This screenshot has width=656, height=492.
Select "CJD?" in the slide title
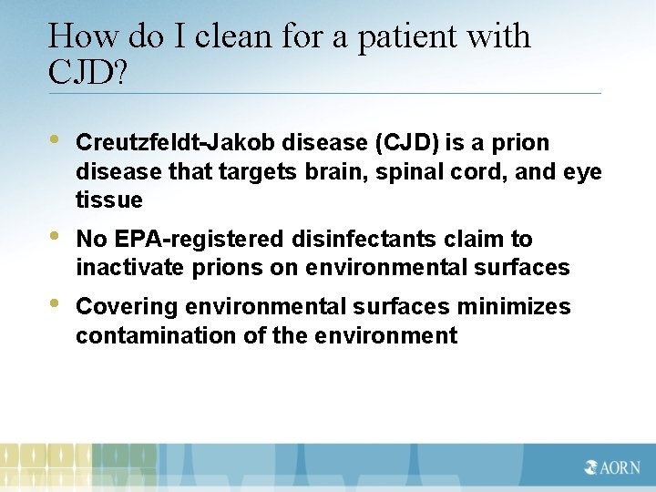tap(87, 72)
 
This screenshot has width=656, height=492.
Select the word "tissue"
tap(109, 200)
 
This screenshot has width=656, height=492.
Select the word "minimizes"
tap(515, 306)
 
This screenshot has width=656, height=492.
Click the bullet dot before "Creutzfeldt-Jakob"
tap(54, 141)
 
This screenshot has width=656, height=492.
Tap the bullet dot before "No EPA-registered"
tap(54, 237)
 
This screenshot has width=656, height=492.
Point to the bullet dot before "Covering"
tap(54, 304)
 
